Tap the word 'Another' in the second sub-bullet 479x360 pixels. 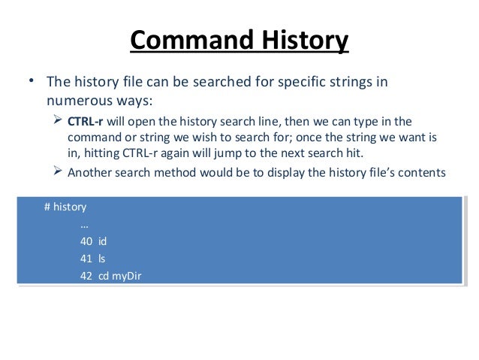[91, 172]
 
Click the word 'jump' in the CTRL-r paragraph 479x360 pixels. [228, 156]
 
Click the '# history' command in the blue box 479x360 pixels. [65, 205]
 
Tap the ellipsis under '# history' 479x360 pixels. [84, 223]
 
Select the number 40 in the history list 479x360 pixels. [86, 241]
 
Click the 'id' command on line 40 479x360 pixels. [104, 241]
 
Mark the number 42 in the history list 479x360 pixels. [86, 277]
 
